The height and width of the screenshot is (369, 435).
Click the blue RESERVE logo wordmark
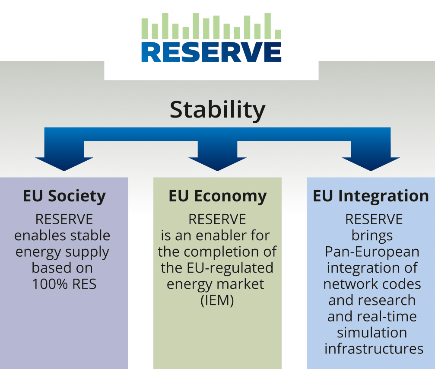tap(211, 52)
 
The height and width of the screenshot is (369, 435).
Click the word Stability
tap(218, 110)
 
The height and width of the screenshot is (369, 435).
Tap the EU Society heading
tap(64, 197)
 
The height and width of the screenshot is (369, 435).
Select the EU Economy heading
tap(218, 197)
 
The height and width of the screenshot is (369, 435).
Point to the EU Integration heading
tap(371, 197)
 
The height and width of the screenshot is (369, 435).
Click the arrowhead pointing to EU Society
tap(64, 164)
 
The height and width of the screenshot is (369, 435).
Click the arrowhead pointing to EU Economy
tap(218, 164)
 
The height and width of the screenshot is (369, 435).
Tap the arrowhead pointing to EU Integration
tap(371, 164)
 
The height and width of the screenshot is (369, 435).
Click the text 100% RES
tap(64, 284)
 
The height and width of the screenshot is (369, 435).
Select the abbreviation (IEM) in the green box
tap(217, 300)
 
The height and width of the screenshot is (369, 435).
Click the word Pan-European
tap(372, 252)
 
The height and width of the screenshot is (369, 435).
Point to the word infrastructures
tap(374, 349)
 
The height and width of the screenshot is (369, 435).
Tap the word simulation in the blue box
tap(372, 332)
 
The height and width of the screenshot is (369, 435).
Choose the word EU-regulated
tap(230, 268)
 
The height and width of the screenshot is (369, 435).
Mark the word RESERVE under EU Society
tap(64, 219)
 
